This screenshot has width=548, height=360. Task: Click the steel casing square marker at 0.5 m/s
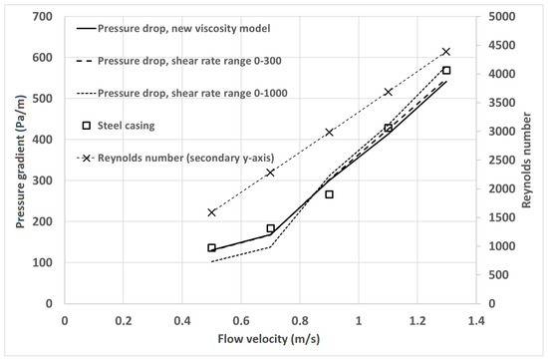click(x=212, y=247)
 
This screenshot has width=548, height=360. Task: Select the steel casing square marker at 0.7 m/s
click(x=270, y=228)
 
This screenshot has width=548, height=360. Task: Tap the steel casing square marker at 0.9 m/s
click(x=329, y=194)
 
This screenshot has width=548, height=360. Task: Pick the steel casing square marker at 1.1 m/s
click(x=389, y=128)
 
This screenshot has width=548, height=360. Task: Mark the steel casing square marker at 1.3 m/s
click(x=446, y=71)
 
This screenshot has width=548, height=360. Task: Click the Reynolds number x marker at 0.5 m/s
click(x=212, y=212)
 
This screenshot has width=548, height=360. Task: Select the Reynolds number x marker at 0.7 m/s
click(x=270, y=173)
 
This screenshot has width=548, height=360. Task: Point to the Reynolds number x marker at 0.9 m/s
click(x=329, y=132)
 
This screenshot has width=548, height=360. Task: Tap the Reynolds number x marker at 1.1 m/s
click(x=389, y=92)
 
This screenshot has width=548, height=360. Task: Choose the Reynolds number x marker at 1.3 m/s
click(x=446, y=51)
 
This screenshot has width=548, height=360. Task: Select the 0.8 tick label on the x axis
click(x=300, y=321)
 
